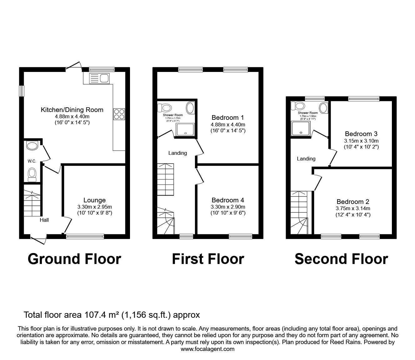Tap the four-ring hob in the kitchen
point(119,114)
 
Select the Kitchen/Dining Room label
point(72,110)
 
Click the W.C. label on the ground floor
point(32,161)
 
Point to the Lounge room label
point(94,200)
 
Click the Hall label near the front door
point(44,220)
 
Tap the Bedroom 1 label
point(227,118)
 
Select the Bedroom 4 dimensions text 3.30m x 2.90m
point(228,207)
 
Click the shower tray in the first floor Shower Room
point(185,129)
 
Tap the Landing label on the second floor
point(306,159)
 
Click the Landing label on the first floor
point(177,153)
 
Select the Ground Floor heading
point(74,259)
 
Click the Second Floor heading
point(341,259)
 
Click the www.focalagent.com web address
point(207,349)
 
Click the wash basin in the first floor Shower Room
point(190,108)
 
